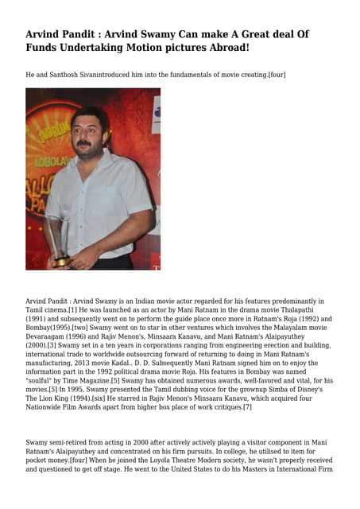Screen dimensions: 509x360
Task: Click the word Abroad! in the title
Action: [x=224, y=49]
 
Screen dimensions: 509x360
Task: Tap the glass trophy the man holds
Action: [x=57, y=239]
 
